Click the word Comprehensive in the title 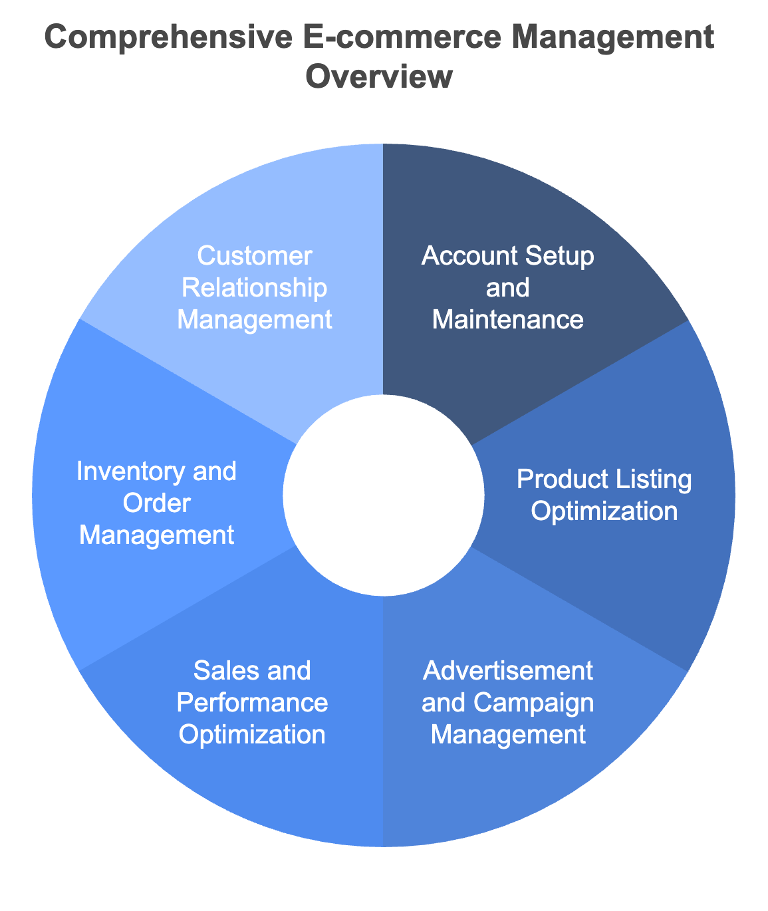(168, 38)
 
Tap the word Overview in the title (379, 77)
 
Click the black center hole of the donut (383, 495)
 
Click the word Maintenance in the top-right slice (508, 320)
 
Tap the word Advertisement (508, 671)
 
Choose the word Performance (253, 703)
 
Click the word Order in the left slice (157, 503)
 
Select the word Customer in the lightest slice (255, 256)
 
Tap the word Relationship (255, 288)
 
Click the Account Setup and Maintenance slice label (508, 288)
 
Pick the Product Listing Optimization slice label (604, 495)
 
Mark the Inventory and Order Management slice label (157, 503)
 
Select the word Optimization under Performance (253, 735)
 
